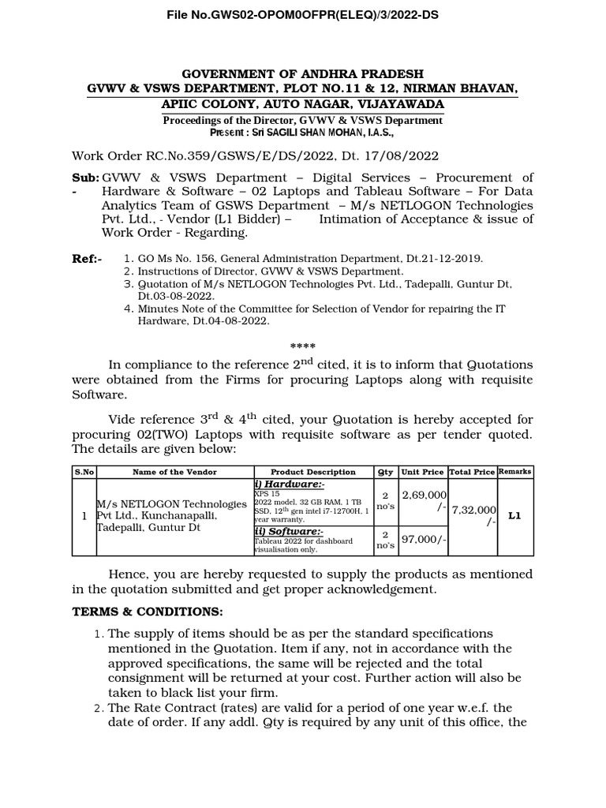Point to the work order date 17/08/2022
click(406, 156)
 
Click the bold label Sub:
click(85, 178)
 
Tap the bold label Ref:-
click(87, 258)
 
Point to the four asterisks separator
click(302, 347)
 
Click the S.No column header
click(84, 471)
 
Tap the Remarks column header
click(515, 471)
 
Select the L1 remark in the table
click(514, 516)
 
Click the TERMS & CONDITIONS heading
click(148, 612)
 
